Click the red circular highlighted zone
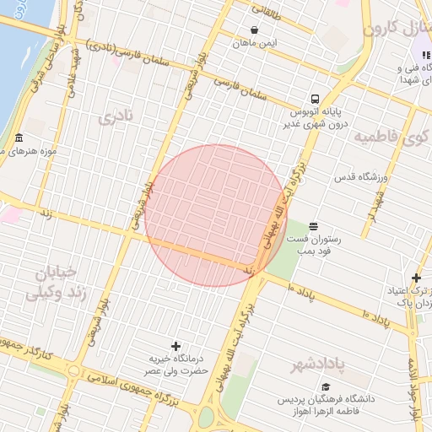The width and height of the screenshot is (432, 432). (x=215, y=215)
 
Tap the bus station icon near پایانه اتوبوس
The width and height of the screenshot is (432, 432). (x=314, y=97)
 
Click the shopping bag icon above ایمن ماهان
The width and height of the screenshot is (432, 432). (x=254, y=30)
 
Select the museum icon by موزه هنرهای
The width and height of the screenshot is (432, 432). (x=19, y=138)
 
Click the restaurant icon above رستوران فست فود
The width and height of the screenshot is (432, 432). (x=314, y=225)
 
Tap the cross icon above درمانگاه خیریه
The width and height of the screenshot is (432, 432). (x=175, y=346)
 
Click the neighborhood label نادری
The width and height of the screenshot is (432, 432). (x=115, y=117)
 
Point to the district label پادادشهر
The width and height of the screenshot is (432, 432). (x=319, y=365)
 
